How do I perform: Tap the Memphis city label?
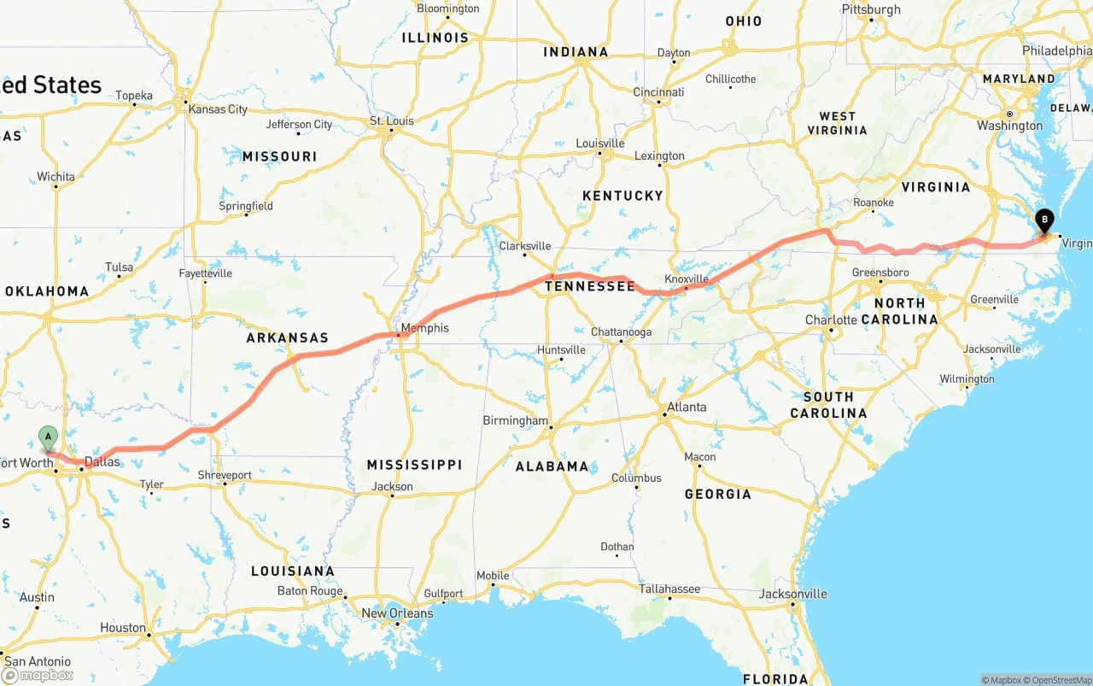point(424,328)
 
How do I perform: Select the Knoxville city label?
point(687,279)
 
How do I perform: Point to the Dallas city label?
point(102,462)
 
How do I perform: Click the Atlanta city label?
point(687,407)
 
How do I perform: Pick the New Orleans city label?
point(397,613)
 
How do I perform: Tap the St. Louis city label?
point(392,121)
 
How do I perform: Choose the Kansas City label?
point(218,109)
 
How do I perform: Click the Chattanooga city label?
point(621,332)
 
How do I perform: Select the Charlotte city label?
point(831,320)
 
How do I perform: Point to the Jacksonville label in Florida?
point(792,594)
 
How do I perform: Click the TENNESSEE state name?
point(590,286)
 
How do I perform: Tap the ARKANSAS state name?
point(287,338)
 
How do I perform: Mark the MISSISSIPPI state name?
point(414,465)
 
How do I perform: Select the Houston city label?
point(123,628)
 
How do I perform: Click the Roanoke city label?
point(874,202)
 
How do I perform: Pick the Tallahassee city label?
point(669,589)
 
